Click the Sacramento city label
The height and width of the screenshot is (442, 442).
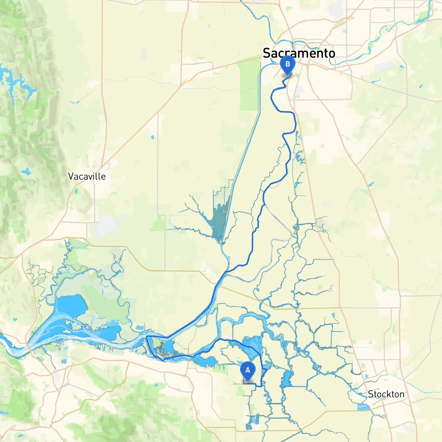click(x=299, y=53)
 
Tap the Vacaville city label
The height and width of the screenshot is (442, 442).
click(x=87, y=176)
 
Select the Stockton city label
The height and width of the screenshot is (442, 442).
click(x=386, y=394)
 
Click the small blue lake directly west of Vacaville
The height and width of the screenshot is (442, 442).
click(x=26, y=172)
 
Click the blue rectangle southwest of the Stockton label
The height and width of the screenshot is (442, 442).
click(x=363, y=407)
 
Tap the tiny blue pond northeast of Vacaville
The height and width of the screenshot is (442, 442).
click(x=152, y=138)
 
